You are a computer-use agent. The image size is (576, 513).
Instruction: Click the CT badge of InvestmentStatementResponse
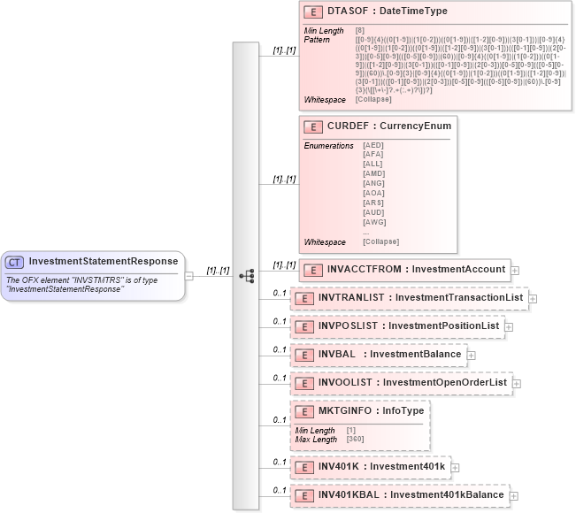(x=15, y=262)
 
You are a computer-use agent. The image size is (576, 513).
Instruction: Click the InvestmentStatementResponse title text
(x=103, y=262)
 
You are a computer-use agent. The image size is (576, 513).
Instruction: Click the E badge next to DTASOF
(x=312, y=12)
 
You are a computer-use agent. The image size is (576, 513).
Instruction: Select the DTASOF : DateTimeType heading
(x=388, y=12)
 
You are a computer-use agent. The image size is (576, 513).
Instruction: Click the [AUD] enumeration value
(x=373, y=212)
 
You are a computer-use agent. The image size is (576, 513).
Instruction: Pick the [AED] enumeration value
(x=373, y=145)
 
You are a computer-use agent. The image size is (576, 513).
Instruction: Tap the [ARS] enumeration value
(x=373, y=203)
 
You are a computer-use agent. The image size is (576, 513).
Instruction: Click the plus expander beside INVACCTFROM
(x=515, y=270)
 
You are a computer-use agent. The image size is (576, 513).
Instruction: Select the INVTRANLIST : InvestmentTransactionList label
(x=420, y=298)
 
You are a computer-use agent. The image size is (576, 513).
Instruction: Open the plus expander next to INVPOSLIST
(x=510, y=326)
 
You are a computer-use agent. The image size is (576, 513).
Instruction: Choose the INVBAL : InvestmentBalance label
(x=389, y=355)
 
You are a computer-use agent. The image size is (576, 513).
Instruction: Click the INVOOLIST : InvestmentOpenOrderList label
(x=412, y=383)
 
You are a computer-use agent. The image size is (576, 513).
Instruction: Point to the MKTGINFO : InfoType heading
(x=372, y=411)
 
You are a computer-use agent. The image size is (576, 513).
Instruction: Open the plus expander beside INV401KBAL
(x=514, y=496)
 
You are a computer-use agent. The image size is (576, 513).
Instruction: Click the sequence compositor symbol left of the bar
(x=247, y=275)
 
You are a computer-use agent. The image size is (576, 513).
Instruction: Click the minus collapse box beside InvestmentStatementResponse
(x=188, y=275)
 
